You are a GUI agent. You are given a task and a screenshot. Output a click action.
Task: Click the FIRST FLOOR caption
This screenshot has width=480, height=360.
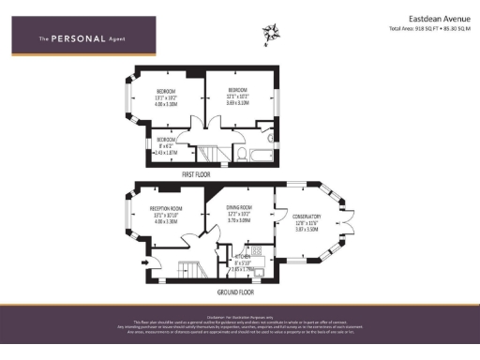coord(196,174)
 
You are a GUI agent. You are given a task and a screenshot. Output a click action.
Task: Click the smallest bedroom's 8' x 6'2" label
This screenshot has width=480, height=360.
coord(165,144)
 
